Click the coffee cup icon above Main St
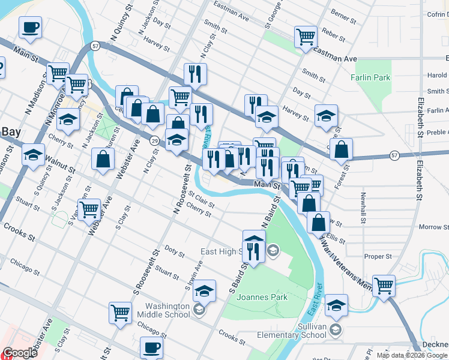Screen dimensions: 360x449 click(x=30, y=27)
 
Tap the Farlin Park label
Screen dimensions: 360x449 click(x=370, y=77)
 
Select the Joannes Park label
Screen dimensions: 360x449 click(x=262, y=297)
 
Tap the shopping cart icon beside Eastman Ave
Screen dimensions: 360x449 click(x=306, y=37)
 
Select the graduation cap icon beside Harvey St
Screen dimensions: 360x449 click(x=326, y=115)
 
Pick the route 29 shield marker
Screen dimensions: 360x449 click(x=154, y=140)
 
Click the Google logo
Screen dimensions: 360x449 click(x=20, y=353)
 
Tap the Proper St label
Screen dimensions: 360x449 click(x=378, y=256)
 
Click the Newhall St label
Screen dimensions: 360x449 click(x=363, y=208)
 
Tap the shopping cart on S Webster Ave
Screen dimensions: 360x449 click(x=89, y=209)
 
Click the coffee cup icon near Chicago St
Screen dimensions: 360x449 click(x=151, y=347)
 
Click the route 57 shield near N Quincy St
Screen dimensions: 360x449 click(x=95, y=46)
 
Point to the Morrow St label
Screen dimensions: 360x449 click(x=430, y=227)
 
